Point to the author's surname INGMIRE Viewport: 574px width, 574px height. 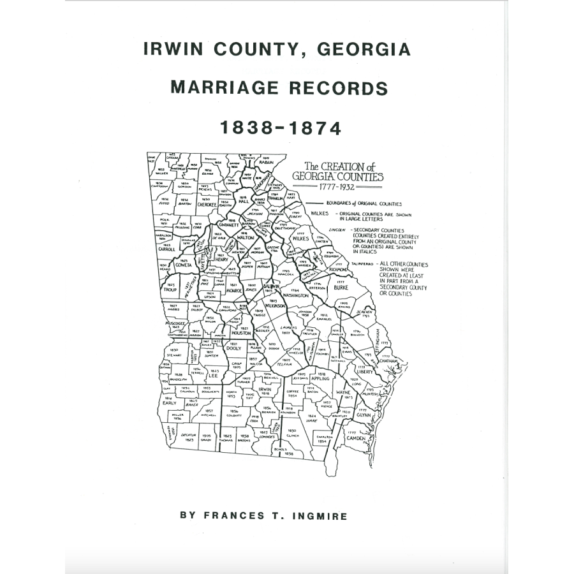coord(317,516)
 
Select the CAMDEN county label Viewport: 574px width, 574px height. coord(356,438)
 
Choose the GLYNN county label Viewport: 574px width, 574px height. coord(364,414)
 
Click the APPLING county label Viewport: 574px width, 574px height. coord(320,378)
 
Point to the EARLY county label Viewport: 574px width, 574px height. coord(170,403)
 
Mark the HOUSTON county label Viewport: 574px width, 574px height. coord(241,333)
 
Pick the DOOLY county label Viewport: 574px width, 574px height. coord(234,348)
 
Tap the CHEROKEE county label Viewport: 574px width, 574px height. coord(207,205)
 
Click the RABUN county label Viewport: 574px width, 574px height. coord(266,162)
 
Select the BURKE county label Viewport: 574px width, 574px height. coord(340,288)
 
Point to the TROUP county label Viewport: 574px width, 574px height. coord(170,289)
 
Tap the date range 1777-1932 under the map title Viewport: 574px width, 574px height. coord(337,188)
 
